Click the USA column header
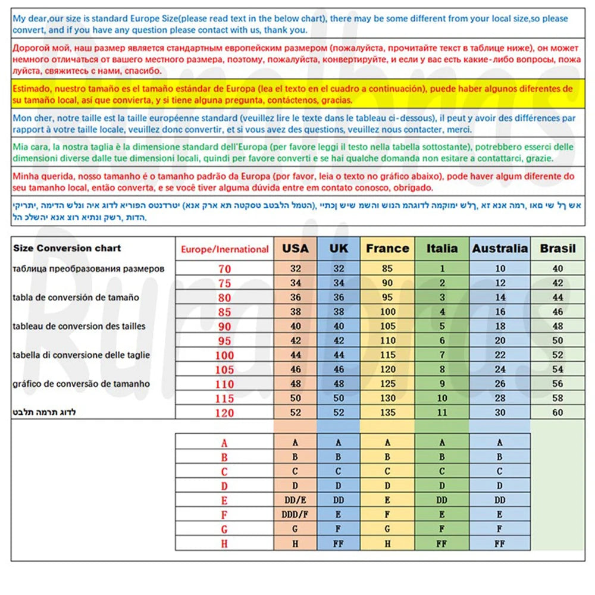coord(296,248)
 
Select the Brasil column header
coord(558,248)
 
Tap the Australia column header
coord(500,248)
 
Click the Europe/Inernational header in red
coord(225,249)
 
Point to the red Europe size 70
coord(224,269)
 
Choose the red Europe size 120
coord(224,413)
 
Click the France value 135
coord(387,412)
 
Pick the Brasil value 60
coord(558,412)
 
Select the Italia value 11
coord(442,412)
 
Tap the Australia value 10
coord(500,269)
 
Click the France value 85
coord(387,269)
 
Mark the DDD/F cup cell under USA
coord(296,515)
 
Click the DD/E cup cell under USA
coord(296,500)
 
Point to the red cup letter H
coord(224,544)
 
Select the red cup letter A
coord(224,443)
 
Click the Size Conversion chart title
coord(67,248)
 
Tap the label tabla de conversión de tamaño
coord(76,297)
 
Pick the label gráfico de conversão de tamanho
coord(81,384)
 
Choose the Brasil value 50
coord(558,341)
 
